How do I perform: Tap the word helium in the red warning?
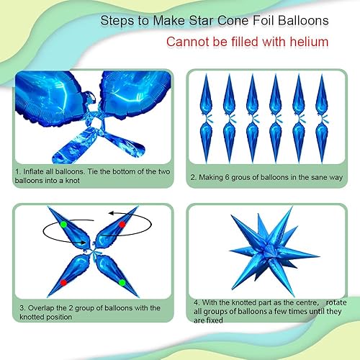tap(307, 42)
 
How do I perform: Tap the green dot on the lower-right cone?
tap(122, 283)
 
